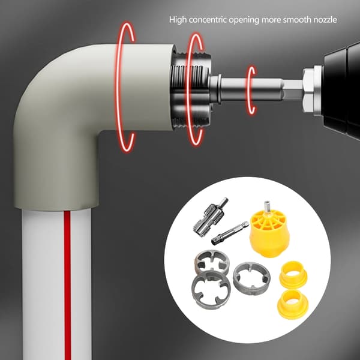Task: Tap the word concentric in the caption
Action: pos(208,20)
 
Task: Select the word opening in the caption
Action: pos(244,20)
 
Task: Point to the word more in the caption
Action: pos(271,20)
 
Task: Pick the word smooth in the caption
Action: pos(297,20)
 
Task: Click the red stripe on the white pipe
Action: pos(67,285)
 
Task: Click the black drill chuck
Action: pos(341,91)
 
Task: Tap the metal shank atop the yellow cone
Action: pos(267,206)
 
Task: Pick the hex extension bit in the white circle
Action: pos(230,233)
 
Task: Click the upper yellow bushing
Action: pos(293,274)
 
